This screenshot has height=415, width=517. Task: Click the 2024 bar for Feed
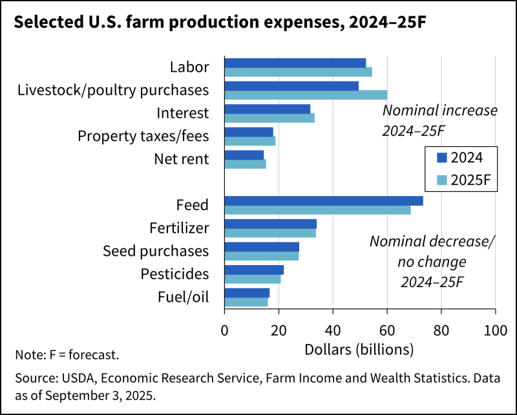click(x=323, y=200)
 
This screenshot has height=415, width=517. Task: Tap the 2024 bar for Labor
click(x=295, y=63)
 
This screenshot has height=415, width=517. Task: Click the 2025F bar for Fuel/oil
click(x=246, y=302)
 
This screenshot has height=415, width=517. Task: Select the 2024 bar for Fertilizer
click(x=270, y=224)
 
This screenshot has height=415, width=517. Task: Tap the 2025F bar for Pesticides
click(x=253, y=279)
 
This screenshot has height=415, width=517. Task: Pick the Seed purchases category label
click(x=156, y=251)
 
